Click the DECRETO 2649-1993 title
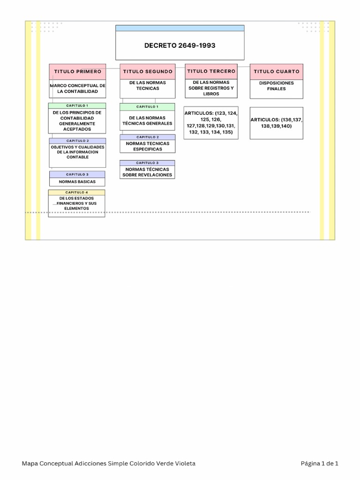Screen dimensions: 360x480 pyautogui.click(x=180, y=45)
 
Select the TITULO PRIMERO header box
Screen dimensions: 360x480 pyautogui.click(x=77, y=72)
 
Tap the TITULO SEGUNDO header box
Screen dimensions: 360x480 pyautogui.click(x=148, y=72)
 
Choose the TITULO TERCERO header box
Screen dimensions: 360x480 pyautogui.click(x=211, y=71)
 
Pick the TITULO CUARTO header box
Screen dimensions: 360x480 pyautogui.click(x=277, y=72)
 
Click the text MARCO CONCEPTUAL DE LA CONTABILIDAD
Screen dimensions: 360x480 pyautogui.click(x=77, y=89)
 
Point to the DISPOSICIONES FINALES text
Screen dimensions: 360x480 pyautogui.click(x=277, y=86)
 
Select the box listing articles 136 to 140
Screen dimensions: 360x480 pyautogui.click(x=277, y=123)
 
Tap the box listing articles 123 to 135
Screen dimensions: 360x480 pyautogui.click(x=211, y=123)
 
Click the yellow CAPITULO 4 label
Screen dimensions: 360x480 pyautogui.click(x=77, y=192)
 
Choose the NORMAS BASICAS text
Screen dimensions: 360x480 pyautogui.click(x=77, y=181)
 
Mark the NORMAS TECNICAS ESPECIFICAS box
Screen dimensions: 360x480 pyautogui.click(x=148, y=146)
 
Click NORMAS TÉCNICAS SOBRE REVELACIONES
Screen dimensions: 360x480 pyautogui.click(x=148, y=172)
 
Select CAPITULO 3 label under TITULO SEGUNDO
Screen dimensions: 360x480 pyautogui.click(x=148, y=163)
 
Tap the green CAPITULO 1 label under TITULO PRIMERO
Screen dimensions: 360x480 pyautogui.click(x=77, y=106)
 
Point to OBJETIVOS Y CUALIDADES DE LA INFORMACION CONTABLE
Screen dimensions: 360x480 pyautogui.click(x=77, y=152)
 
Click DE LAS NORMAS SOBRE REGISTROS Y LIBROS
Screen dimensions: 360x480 pyautogui.click(x=211, y=88)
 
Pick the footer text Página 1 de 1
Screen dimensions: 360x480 pyautogui.click(x=319, y=464)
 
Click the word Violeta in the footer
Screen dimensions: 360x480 pyautogui.click(x=184, y=464)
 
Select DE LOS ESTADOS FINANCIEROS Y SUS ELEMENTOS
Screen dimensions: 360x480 pyautogui.click(x=77, y=203)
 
